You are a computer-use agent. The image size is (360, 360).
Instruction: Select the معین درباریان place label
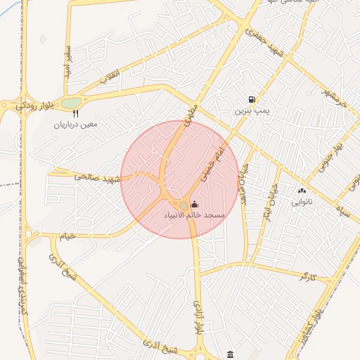pos(75,124)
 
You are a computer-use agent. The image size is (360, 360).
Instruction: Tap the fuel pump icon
pos(251,100)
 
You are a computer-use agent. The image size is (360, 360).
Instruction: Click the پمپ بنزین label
pos(252,111)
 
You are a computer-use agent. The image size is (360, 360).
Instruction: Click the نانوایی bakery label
pos(302,201)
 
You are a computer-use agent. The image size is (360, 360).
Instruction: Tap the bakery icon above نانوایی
pos(302,190)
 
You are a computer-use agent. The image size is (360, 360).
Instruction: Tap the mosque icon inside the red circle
pos(195,204)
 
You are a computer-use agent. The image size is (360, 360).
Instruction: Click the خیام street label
pos(66,236)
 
